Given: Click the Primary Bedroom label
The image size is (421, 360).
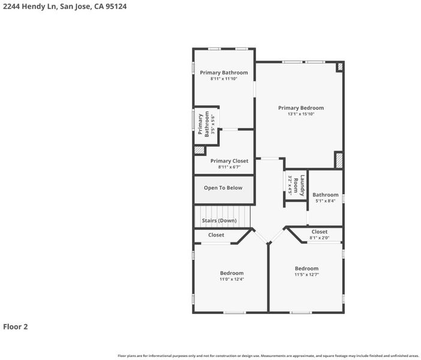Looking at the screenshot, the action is [x=301, y=108].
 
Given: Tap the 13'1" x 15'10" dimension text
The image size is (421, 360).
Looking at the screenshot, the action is [x=301, y=114].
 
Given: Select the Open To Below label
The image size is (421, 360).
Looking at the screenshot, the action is [x=223, y=188].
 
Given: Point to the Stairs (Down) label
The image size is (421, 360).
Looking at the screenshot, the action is [x=219, y=221].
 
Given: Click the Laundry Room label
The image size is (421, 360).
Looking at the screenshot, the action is [x=299, y=185].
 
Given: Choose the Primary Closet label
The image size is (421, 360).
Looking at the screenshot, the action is [x=229, y=161].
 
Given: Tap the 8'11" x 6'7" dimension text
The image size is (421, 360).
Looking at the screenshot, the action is [x=229, y=167].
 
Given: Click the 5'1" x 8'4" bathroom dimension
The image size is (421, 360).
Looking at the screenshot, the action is [x=326, y=201].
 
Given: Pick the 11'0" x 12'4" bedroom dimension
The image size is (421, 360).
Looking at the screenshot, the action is [x=231, y=279].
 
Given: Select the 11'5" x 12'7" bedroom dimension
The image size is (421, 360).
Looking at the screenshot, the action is [x=306, y=275].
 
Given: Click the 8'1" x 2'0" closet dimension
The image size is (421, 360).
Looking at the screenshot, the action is [x=320, y=238].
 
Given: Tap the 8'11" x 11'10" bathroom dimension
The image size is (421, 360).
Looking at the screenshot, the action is [x=224, y=79].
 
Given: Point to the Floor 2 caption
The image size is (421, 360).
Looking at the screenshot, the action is [x=16, y=326].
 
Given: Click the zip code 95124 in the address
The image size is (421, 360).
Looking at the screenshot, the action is [x=116, y=7].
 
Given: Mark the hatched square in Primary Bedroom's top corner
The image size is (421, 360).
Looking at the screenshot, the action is [x=340, y=67].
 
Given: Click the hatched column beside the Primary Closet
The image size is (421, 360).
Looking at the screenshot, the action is [x=199, y=150].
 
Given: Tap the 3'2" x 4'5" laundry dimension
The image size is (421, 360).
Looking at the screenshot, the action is [x=290, y=185].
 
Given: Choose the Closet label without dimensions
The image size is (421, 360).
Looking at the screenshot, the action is [x=216, y=235].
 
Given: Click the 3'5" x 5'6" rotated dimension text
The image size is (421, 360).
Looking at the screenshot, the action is [x=213, y=124].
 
